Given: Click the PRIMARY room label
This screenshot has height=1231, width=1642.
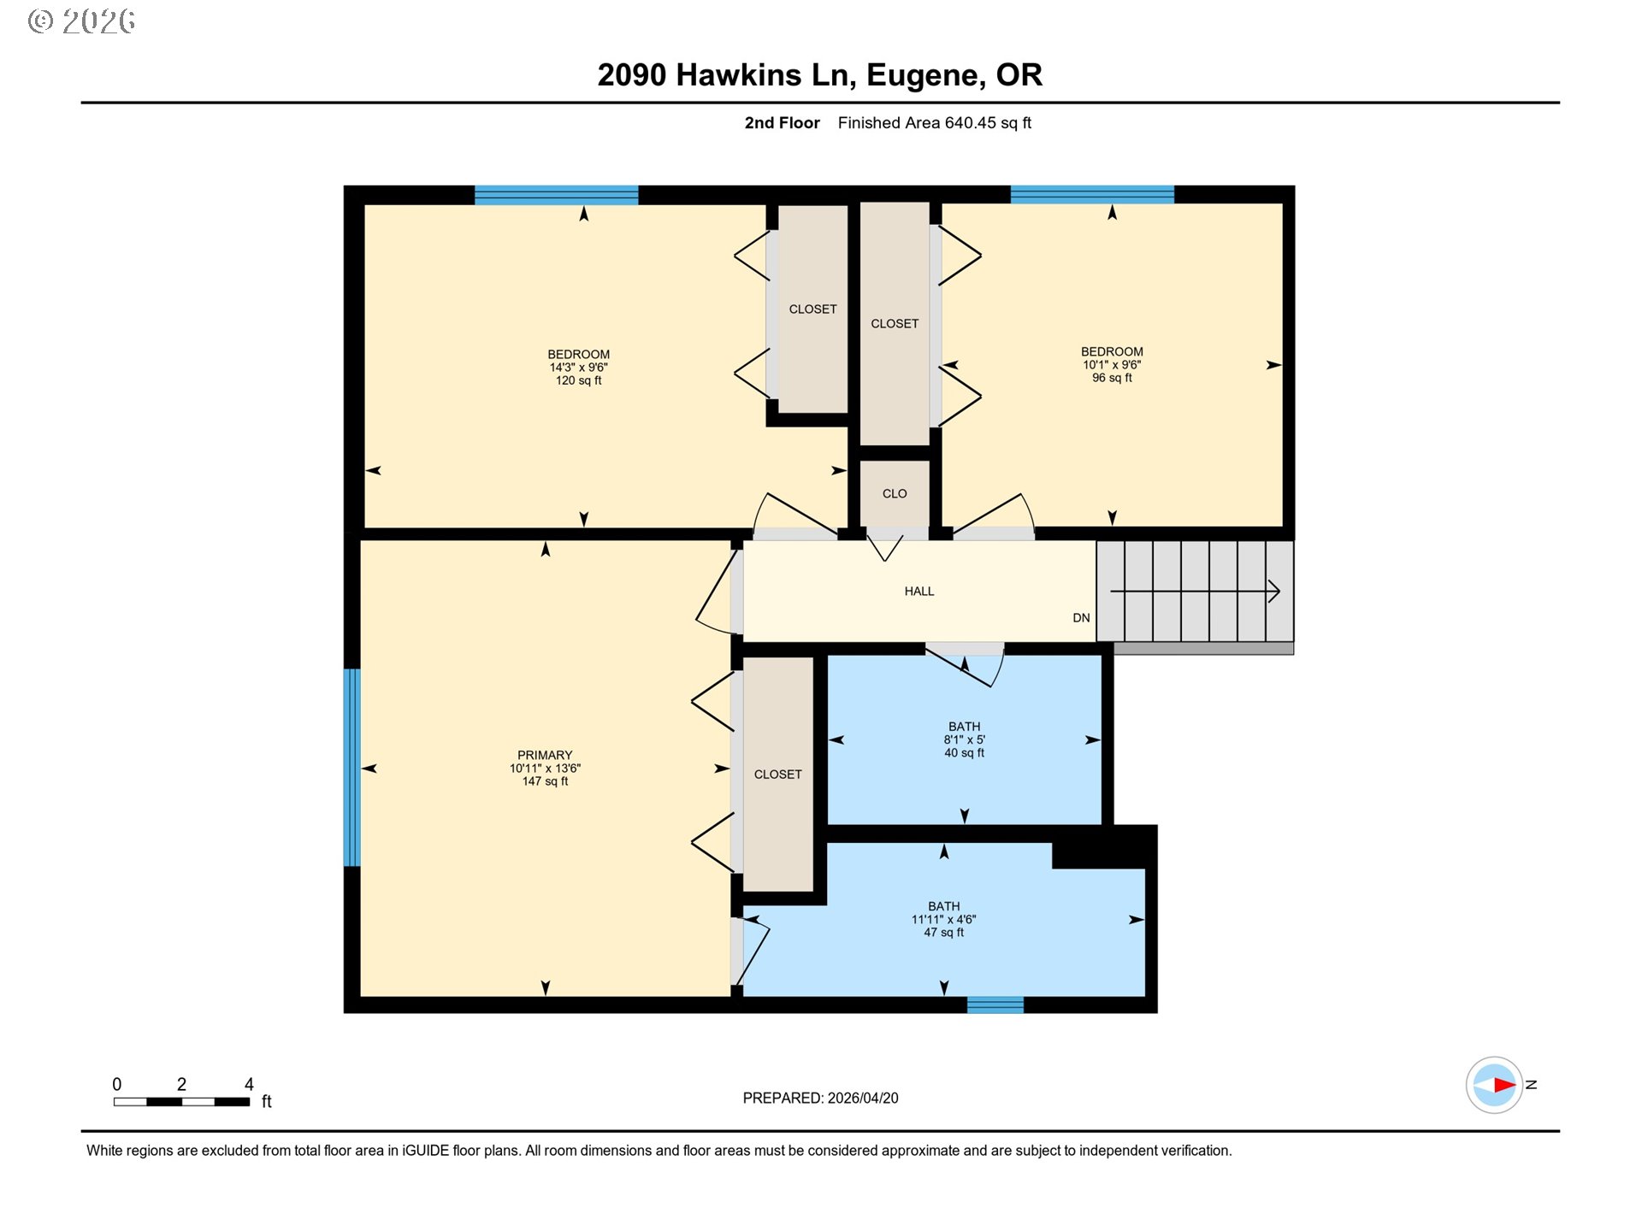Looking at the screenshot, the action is point(545,755).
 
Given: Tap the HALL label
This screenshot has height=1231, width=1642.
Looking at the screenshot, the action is point(919,592).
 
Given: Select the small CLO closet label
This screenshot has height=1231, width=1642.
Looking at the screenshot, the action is point(895,494).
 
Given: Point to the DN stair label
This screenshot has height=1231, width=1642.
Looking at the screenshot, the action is point(1081,618).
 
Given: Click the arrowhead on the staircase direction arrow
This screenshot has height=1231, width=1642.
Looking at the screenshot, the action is point(1274,591).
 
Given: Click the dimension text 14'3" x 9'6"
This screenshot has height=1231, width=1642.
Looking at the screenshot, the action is point(579,368).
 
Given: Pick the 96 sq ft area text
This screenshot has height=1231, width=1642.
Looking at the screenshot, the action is point(1112,378).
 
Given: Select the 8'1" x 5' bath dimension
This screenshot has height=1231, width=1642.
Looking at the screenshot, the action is point(965,740).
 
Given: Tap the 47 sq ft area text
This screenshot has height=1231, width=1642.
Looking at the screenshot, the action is point(944,933).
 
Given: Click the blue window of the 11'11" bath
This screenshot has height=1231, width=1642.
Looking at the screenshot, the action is point(995,1005).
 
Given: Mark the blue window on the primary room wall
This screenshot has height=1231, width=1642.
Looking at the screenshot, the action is point(351,768).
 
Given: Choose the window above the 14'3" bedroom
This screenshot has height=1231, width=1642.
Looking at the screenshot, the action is point(557,195).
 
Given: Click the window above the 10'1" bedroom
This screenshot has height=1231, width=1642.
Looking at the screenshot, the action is point(1092,195).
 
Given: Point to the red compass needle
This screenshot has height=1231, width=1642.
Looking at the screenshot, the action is point(1504,1086).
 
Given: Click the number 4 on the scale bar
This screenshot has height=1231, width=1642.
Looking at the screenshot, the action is point(249,1084).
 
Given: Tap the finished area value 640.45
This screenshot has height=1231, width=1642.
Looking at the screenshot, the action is point(971,123).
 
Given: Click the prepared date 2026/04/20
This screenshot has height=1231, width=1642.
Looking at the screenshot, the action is point(863,1098).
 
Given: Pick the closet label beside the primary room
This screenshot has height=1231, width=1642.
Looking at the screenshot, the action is point(778,775).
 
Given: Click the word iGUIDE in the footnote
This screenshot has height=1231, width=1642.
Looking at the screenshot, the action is point(426,1151).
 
